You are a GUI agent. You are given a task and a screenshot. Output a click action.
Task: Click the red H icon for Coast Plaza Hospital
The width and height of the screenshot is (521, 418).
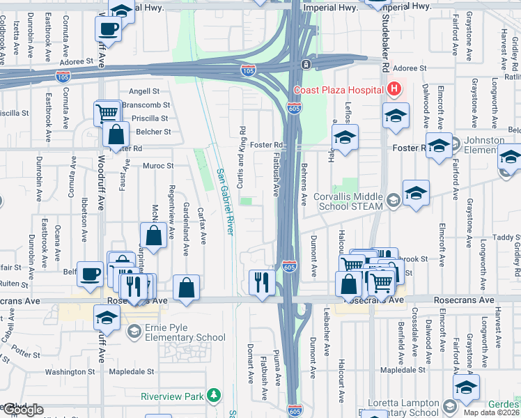click(x=394, y=89)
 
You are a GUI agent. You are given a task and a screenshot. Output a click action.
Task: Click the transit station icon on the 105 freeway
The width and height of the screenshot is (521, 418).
click(x=306, y=65)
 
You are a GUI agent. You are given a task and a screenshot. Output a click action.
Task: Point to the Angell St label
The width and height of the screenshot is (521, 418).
click(x=145, y=91)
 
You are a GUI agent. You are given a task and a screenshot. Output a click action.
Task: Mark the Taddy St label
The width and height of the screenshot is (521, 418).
click(x=504, y=237)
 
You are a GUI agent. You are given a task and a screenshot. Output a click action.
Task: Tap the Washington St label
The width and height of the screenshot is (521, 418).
click(x=70, y=372)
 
